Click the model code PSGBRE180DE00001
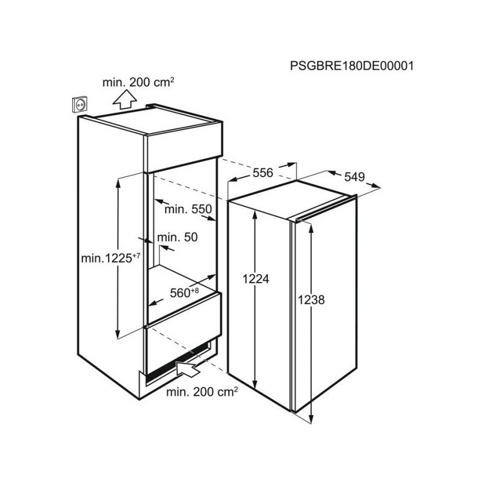point(352,66)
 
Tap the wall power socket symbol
point(80,104)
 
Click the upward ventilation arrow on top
point(125,99)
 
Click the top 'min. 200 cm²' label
point(138,82)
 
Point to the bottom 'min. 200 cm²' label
point(202,392)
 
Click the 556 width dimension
point(263,173)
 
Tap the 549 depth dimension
point(355,176)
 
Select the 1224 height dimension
point(256,279)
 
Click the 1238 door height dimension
point(311,299)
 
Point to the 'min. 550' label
point(188,209)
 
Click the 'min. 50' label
point(177,237)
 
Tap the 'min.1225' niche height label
point(107,258)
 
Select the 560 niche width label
point(180,293)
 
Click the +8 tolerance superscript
point(195,290)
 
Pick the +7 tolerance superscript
point(136,256)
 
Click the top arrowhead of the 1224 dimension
point(255,214)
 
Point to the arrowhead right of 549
point(375,186)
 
